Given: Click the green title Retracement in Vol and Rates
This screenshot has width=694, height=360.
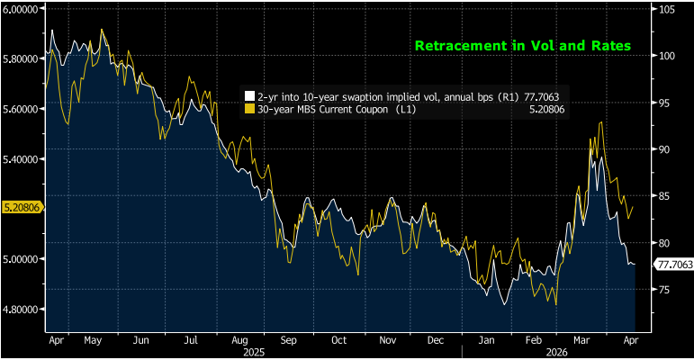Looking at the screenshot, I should pyautogui.click(x=522, y=45).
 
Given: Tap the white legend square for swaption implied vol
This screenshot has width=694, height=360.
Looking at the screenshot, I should pyautogui.click(x=249, y=94).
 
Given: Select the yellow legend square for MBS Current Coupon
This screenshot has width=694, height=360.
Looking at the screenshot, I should pyautogui.click(x=249, y=109).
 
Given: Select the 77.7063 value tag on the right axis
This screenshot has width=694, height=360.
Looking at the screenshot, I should pyautogui.click(x=674, y=265).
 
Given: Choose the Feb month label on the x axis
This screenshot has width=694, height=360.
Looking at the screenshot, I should pyautogui.click(x=534, y=341).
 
